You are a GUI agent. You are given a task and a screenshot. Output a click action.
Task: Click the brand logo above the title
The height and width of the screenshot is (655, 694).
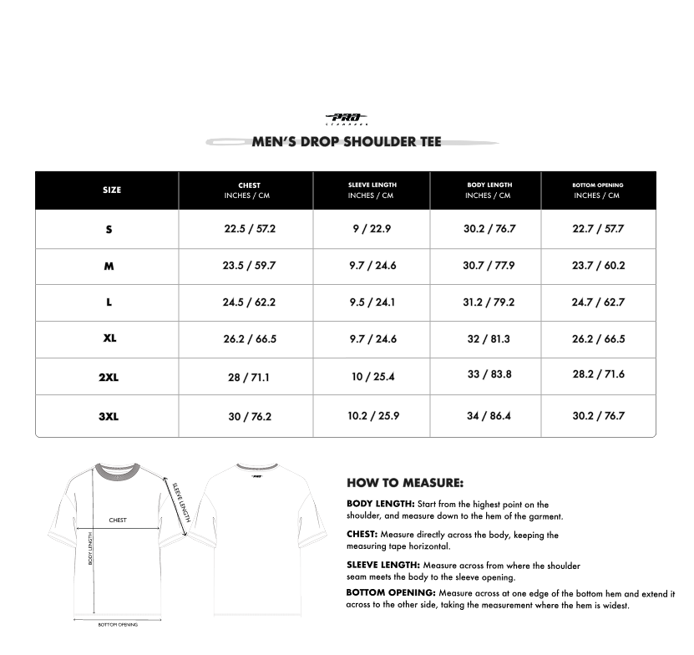[x=346, y=119]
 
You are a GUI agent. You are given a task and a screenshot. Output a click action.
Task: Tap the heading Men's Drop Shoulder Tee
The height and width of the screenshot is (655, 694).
[x=347, y=141]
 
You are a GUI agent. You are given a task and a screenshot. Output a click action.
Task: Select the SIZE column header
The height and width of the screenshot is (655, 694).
[x=111, y=190]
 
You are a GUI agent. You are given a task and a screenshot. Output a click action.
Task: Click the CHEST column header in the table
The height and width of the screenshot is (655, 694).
[x=249, y=190]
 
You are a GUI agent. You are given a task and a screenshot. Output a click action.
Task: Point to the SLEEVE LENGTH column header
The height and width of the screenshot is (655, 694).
[x=372, y=190]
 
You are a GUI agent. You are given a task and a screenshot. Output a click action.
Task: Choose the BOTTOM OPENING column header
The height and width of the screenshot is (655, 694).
[x=597, y=190]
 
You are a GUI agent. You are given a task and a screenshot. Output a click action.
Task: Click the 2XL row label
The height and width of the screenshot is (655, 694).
[x=109, y=377]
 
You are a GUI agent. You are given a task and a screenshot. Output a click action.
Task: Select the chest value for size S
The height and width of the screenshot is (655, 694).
[x=249, y=229]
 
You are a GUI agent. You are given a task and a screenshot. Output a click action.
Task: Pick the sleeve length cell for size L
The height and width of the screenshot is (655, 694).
[x=372, y=302]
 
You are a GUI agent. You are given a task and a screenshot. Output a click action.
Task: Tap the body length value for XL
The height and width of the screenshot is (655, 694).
[x=488, y=339]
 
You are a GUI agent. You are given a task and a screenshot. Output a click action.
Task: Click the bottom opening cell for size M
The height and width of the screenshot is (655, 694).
[x=598, y=266]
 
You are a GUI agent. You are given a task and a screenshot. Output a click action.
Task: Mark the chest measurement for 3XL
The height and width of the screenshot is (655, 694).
[x=250, y=416]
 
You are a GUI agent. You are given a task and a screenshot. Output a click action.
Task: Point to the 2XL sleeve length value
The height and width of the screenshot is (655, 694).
[x=372, y=377]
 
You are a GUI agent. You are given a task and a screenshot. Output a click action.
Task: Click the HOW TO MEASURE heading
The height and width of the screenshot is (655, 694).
[x=404, y=483]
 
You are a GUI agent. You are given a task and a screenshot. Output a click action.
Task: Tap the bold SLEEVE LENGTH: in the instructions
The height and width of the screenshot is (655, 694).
[x=382, y=565]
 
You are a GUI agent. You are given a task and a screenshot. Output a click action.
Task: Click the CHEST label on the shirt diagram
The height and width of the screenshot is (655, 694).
[x=118, y=520]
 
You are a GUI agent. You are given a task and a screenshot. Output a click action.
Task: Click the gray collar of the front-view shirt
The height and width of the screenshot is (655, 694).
[x=117, y=469]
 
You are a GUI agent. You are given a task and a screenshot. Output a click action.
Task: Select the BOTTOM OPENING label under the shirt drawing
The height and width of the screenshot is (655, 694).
[x=118, y=624]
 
